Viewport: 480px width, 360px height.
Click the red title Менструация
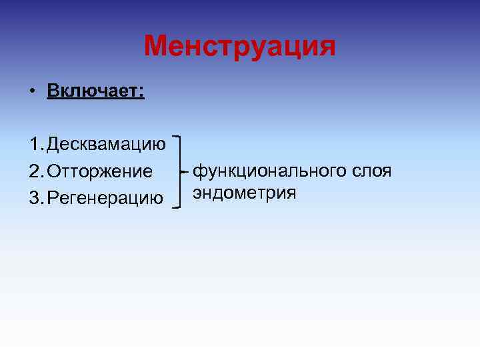[x=240, y=46]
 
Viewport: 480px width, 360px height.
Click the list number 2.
[x=35, y=171]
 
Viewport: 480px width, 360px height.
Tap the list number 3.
[x=35, y=197]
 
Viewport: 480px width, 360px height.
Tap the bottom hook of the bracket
[x=177, y=207]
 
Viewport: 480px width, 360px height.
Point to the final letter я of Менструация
[x=327, y=47]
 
